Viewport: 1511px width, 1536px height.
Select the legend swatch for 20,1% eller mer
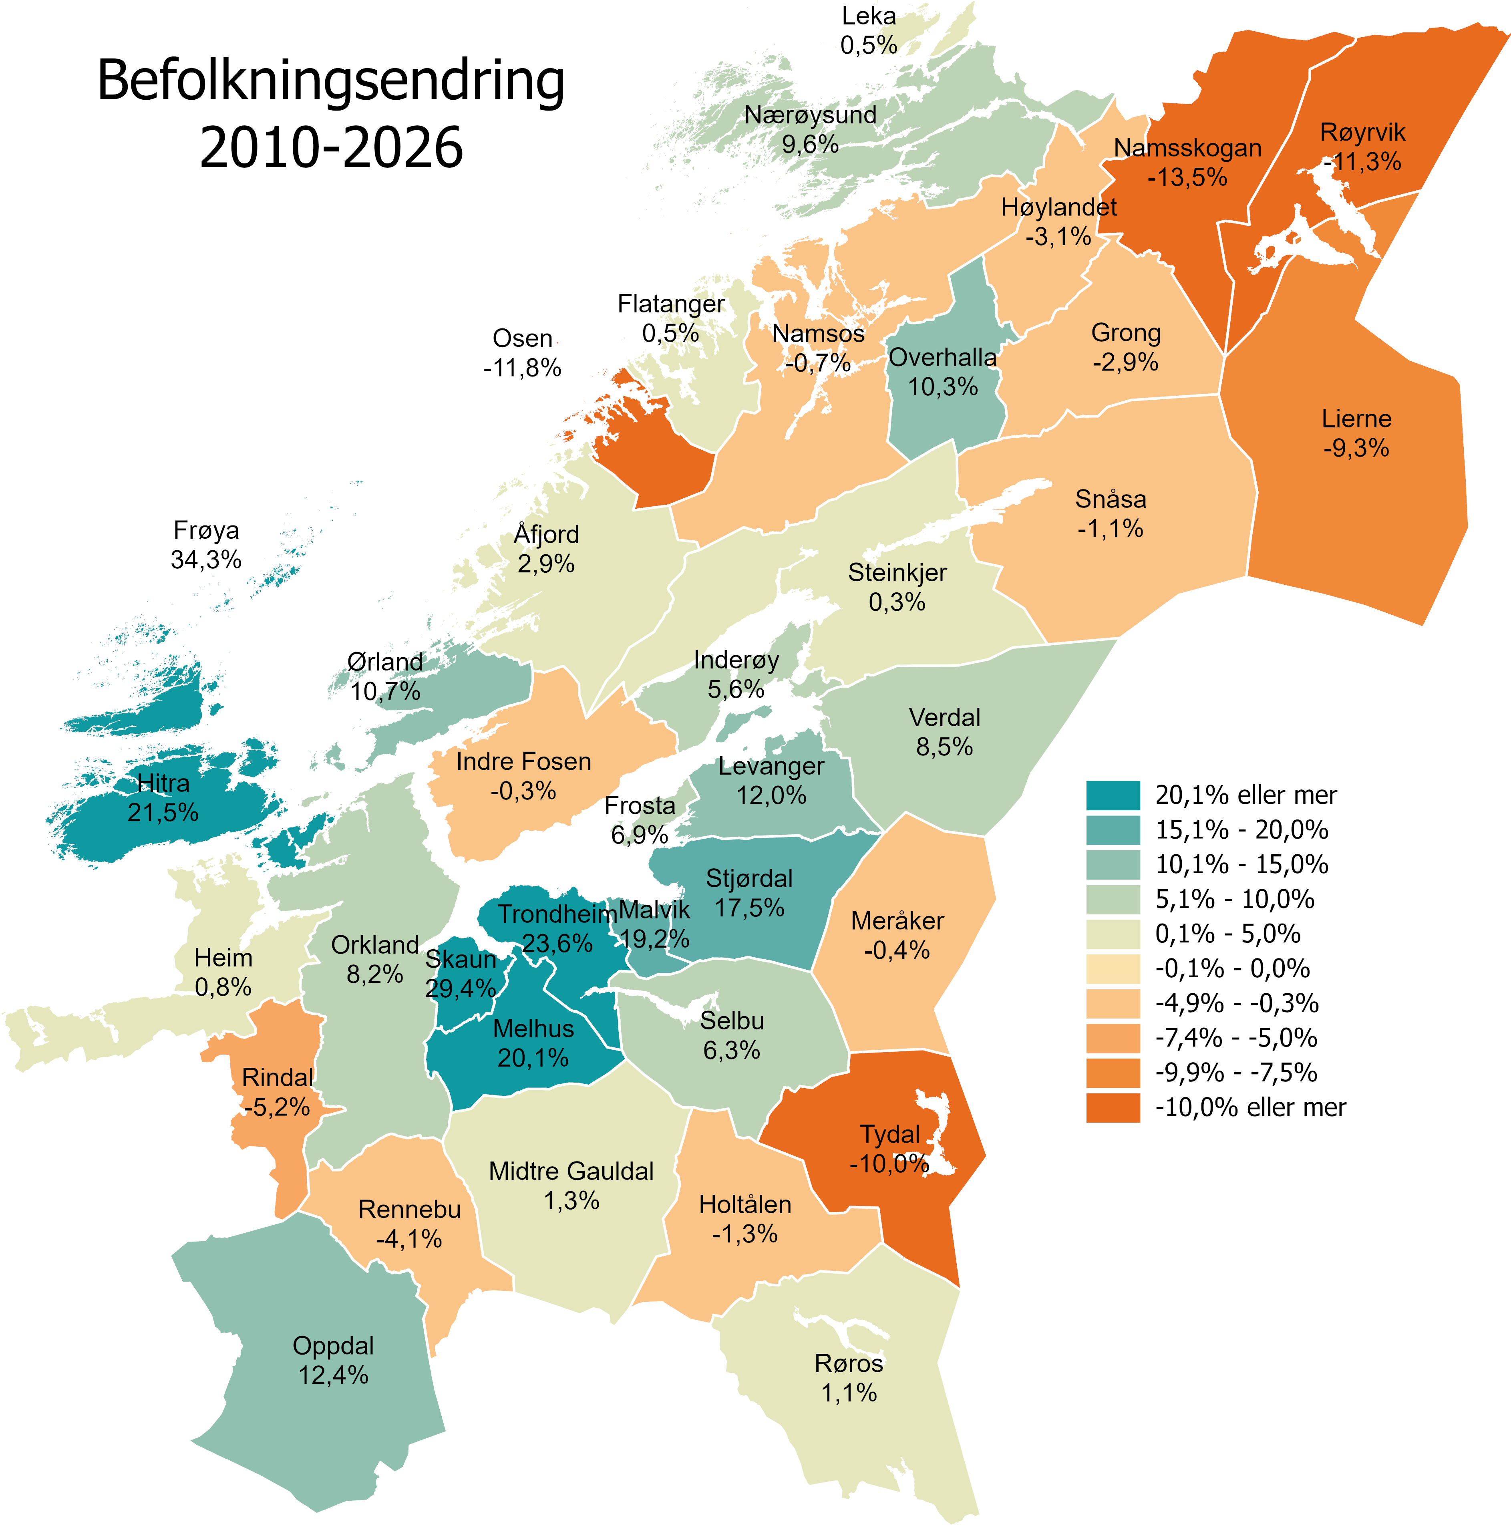[1113, 795]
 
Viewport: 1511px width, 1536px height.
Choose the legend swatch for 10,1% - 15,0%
[1113, 864]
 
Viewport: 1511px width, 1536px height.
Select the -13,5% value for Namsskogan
[1187, 177]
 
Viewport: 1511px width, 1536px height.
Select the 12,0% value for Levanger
[771, 795]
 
